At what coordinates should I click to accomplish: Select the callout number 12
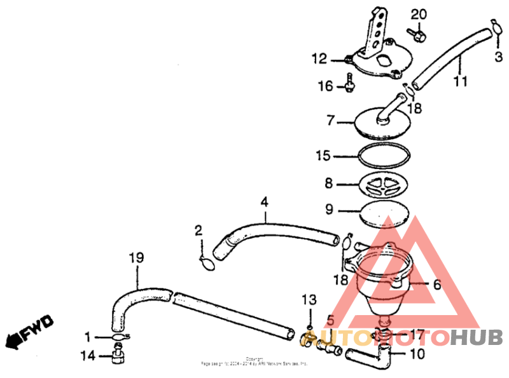319,60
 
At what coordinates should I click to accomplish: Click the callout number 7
330,119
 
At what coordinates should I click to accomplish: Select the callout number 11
460,81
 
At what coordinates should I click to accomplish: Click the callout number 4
264,203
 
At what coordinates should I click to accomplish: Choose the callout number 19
137,259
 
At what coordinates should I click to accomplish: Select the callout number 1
88,337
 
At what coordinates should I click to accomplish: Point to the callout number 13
309,299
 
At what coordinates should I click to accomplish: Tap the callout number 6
437,285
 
